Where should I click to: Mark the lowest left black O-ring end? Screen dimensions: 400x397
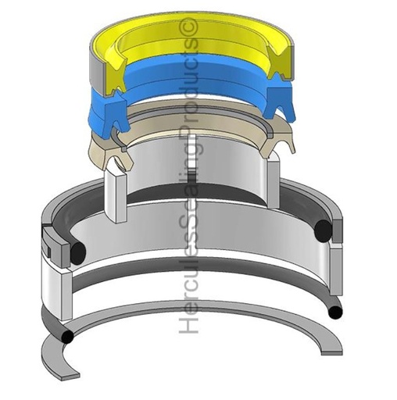[x=68, y=337]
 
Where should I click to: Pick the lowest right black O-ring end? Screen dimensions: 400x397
[x=334, y=312]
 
